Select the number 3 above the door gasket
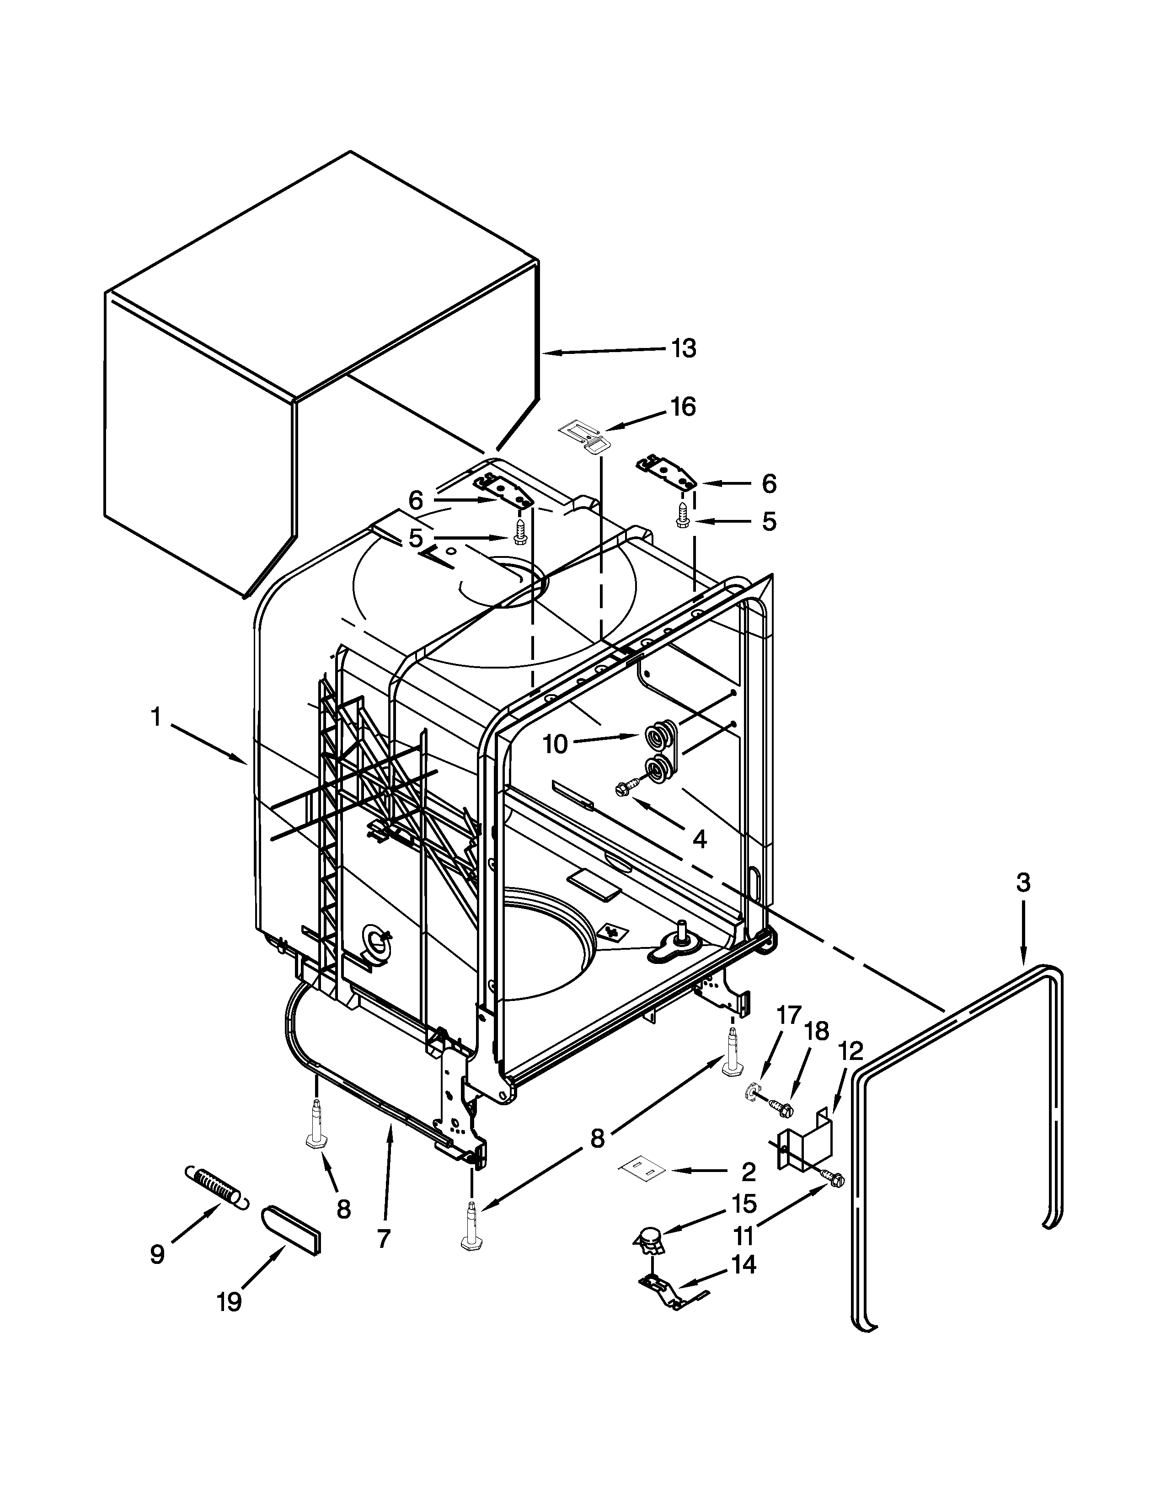[1023, 883]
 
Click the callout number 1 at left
[156, 718]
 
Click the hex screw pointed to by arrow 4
[622, 787]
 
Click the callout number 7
[384, 1238]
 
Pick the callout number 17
[789, 1015]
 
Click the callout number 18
[817, 1032]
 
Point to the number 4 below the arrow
[699, 840]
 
